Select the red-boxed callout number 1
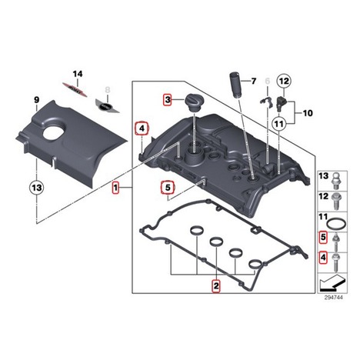coord(115,188)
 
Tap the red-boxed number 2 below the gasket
coord(216,285)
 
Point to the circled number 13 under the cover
coord(37,188)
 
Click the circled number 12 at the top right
coord(284,82)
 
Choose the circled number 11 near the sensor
coord(279,124)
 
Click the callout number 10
coord(308,113)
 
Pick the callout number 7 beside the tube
coord(253,82)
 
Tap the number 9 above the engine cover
coord(37,100)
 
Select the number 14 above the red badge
coord(78,74)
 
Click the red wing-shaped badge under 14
coord(75,89)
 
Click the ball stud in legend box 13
coord(337,181)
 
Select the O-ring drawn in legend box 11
coord(337,223)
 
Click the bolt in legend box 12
coord(336,202)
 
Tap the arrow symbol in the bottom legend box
coord(332,283)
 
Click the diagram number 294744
coord(333,298)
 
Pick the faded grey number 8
coord(108,90)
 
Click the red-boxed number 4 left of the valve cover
coord(142,128)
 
